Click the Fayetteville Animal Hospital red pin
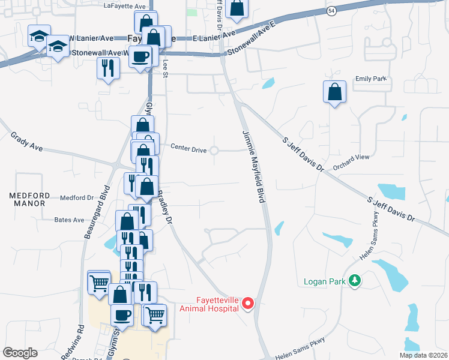pyautogui.click(x=247, y=305)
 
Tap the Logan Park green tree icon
pyautogui.click(x=355, y=280)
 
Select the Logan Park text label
pyautogui.click(x=325, y=281)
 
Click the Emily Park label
pyautogui.click(x=370, y=79)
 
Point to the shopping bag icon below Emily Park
pyautogui.click(x=334, y=92)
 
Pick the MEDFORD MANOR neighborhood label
pyautogui.click(x=27, y=200)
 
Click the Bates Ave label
pyautogui.click(x=70, y=220)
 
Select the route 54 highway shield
pyautogui.click(x=331, y=11)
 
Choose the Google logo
pyautogui.click(x=20, y=353)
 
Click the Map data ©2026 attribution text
pyautogui.click(x=423, y=355)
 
